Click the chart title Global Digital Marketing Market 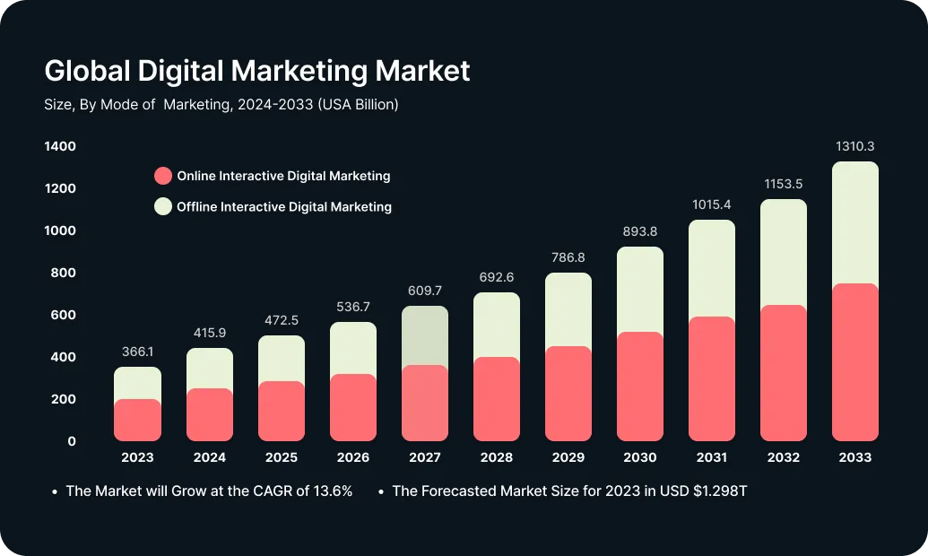(x=256, y=70)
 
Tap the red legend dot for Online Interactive (x=162, y=176)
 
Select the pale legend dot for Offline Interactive (x=162, y=206)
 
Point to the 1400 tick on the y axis (x=60, y=146)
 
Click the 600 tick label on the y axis (x=60, y=315)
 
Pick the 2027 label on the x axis (x=425, y=457)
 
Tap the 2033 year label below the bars (x=854, y=457)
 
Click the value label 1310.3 (x=854, y=146)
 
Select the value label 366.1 (x=138, y=352)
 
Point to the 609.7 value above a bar (x=425, y=291)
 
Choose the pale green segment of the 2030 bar (x=640, y=290)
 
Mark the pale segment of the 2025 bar (x=282, y=359)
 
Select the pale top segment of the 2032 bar (x=783, y=252)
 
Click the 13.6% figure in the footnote (x=331, y=491)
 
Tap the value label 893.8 (x=640, y=231)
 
